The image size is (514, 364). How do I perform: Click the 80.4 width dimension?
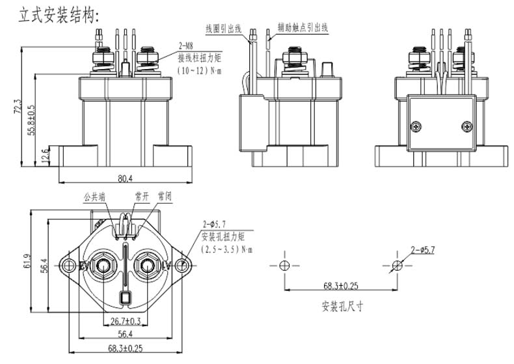tap(125, 178)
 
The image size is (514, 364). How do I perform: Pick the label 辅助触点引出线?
tap(303, 28)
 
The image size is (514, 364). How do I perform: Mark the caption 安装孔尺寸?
tap(342, 305)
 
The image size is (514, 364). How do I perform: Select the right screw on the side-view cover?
tap(465, 126)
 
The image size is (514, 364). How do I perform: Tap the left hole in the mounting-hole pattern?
tap(284, 265)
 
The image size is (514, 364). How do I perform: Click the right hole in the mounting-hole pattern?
tap(397, 265)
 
